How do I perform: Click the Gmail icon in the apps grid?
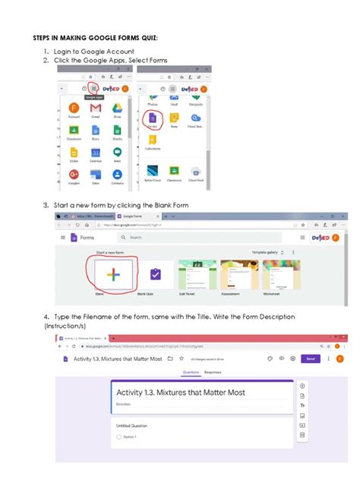[96, 109]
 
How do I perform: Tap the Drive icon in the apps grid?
[118, 109]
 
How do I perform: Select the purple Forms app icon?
[153, 118]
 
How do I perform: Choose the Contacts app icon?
[117, 175]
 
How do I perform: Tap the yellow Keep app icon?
[174, 118]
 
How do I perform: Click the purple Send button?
[309, 358]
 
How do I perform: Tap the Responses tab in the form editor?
[213, 372]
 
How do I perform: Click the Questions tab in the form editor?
[191, 372]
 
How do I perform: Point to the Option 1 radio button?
[119, 437]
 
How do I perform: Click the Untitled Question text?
[132, 425]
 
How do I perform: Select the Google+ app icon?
[74, 175]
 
